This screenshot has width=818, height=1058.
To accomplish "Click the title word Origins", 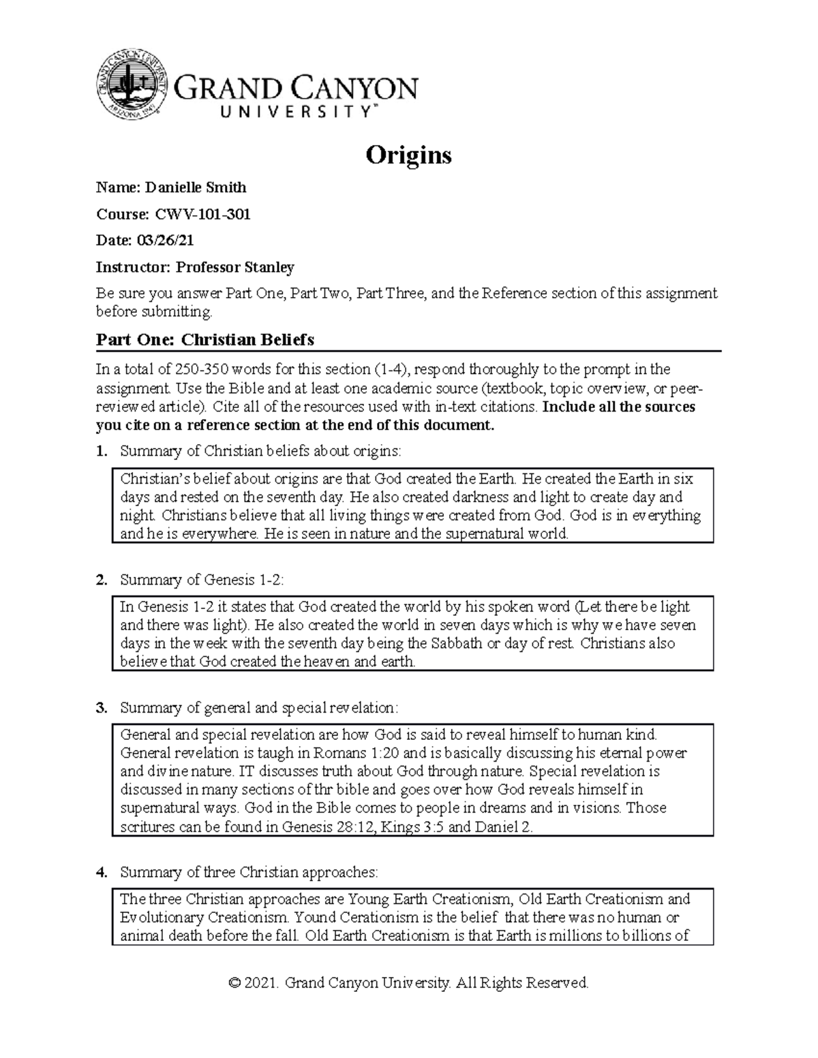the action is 408,155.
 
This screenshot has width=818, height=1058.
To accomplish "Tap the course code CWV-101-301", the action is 203,215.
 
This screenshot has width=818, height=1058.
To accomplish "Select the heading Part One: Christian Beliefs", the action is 204,339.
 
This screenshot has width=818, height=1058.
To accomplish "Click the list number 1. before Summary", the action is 102,451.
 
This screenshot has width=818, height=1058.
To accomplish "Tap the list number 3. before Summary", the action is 102,708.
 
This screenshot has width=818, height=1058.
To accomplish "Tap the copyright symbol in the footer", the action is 234,983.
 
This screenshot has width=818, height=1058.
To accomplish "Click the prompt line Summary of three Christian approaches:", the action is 248,872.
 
